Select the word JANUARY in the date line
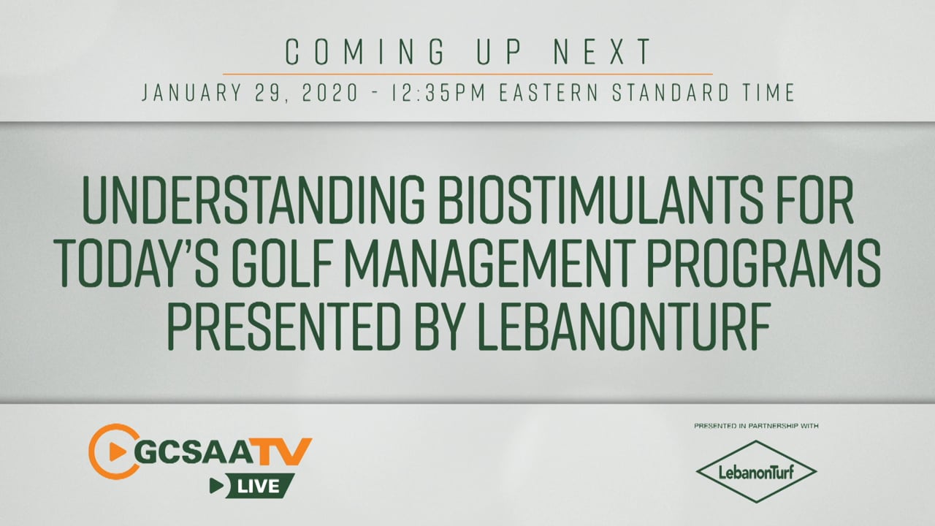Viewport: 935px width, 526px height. coord(192,93)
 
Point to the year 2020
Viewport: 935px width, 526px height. coord(329,93)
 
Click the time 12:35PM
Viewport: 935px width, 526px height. coord(438,93)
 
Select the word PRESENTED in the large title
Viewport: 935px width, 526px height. coord(285,327)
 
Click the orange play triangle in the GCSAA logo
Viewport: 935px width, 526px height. coord(118,451)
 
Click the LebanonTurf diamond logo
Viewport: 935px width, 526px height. coord(756,472)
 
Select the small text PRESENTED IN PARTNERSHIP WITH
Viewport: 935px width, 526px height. coord(756,426)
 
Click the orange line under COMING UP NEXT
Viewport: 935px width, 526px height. coord(467,75)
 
